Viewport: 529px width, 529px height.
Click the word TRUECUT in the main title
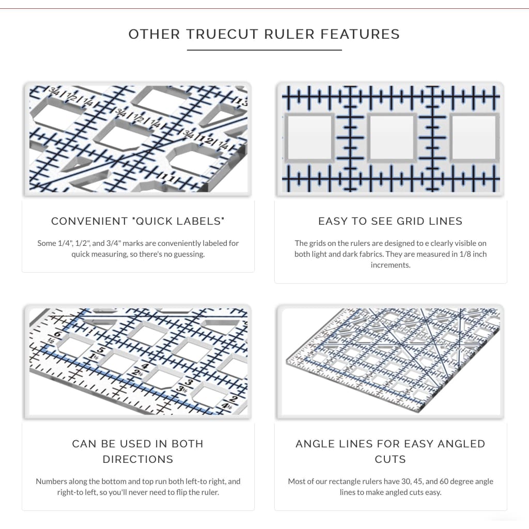click(x=223, y=35)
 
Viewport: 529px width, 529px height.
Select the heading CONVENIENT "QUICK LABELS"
click(x=138, y=221)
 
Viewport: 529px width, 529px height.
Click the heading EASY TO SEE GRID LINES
click(x=390, y=221)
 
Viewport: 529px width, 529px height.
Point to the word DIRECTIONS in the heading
click(x=138, y=459)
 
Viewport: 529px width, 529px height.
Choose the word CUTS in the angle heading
click(x=390, y=459)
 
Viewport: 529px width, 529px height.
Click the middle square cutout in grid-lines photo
click(x=392, y=137)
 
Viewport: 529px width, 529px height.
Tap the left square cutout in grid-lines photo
click(x=309, y=137)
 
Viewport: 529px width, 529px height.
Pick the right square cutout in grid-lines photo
click(x=474, y=137)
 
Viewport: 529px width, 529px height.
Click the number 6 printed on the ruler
click(x=58, y=335)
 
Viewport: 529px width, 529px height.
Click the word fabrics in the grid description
click(x=357, y=254)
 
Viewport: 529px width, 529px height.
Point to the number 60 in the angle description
click(x=433, y=481)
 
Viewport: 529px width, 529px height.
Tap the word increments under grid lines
click(x=390, y=264)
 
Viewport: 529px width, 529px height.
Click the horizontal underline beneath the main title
click(x=264, y=50)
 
